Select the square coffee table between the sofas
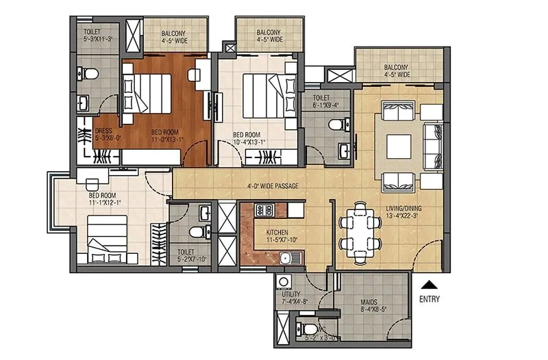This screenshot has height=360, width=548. pos(399,145)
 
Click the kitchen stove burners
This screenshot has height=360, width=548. pos(265,209)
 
